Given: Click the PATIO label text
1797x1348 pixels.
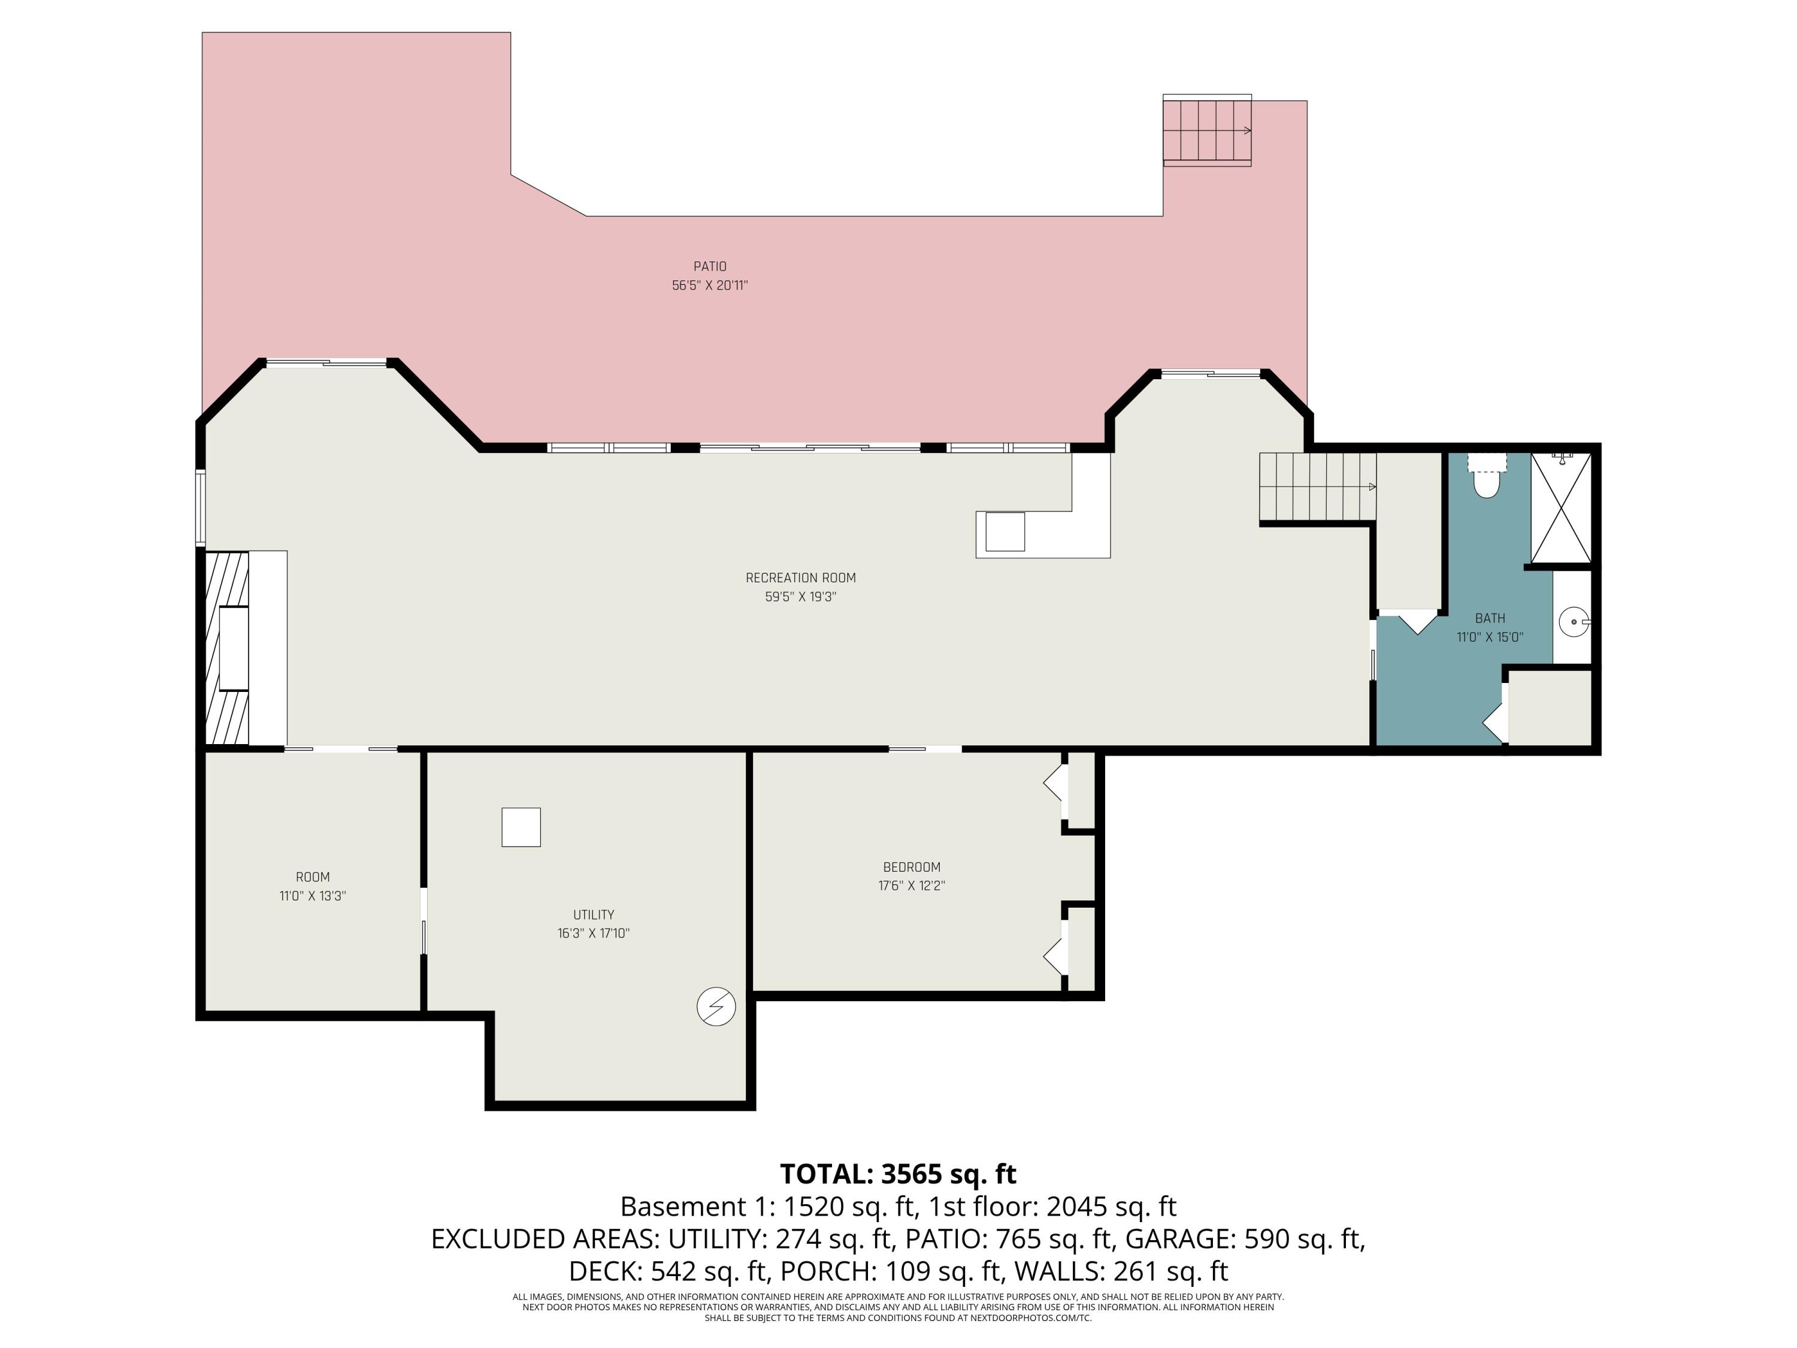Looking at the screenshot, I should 709,267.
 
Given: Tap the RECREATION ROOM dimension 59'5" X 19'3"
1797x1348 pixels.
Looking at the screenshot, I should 800,596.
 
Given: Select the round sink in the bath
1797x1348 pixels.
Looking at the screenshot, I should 1574,622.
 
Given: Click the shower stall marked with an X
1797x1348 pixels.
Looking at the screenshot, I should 1560,508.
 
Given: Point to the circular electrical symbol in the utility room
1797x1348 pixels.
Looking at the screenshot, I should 716,1007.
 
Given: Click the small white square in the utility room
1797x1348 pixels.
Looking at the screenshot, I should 521,827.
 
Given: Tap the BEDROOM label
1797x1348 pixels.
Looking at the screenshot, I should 912,867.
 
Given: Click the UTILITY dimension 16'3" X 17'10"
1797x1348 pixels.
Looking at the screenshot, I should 593,933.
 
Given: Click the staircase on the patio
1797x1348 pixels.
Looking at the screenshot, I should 1206,130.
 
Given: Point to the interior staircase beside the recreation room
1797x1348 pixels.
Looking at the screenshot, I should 1316,486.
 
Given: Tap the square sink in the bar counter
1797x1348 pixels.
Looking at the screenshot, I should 1005,531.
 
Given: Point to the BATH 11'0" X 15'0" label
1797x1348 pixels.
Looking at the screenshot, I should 1489,627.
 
